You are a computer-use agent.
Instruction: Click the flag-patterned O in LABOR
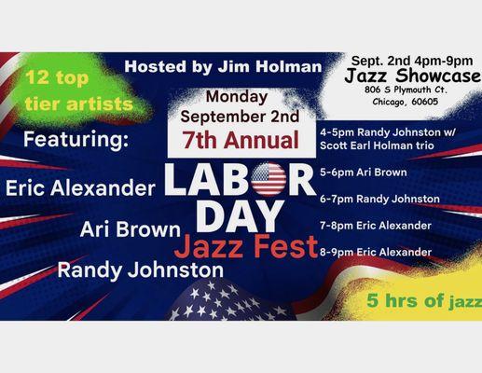pos(269,179)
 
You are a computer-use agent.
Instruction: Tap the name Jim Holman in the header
pos(280,67)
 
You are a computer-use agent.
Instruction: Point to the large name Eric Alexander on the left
pos(80,188)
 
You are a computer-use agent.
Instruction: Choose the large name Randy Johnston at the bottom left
pos(140,269)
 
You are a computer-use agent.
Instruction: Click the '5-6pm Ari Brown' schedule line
pos(365,173)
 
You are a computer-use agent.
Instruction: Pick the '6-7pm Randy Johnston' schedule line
pos(379,199)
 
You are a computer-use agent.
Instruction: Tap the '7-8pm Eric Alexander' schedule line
pos(377,225)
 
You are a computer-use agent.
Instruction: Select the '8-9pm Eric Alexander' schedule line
pos(377,252)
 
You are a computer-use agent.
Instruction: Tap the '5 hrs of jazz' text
pos(423,301)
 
